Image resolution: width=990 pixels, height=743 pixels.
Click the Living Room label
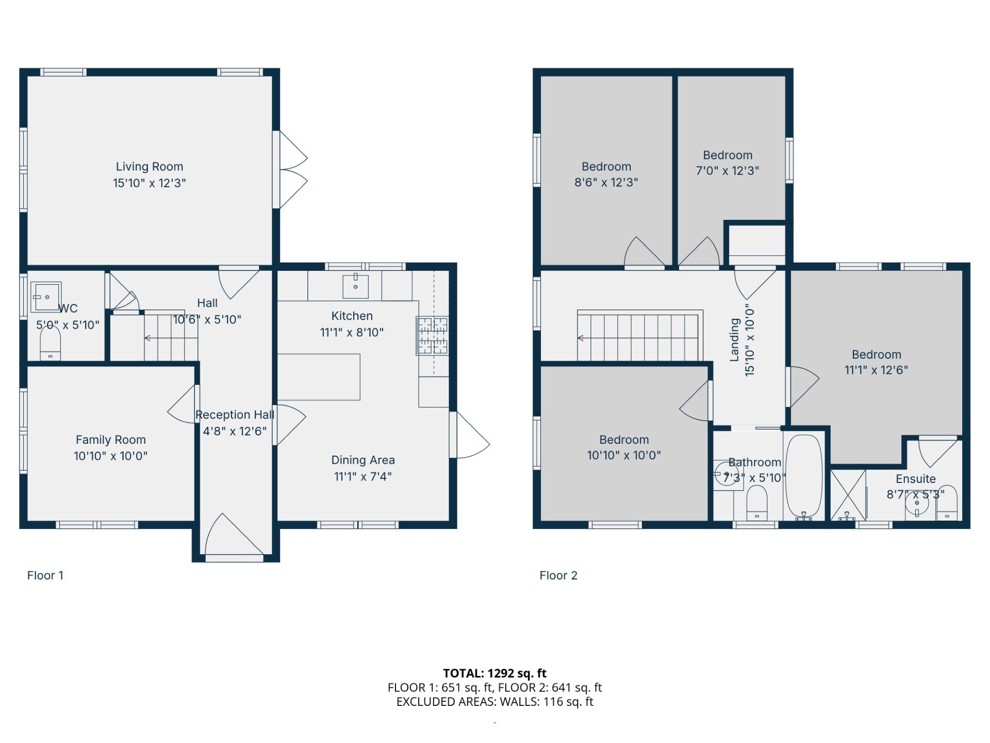[149, 167]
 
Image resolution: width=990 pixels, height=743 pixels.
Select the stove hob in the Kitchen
[432, 335]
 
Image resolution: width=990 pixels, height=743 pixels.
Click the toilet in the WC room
[50, 343]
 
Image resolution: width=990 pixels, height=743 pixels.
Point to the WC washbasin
[46, 297]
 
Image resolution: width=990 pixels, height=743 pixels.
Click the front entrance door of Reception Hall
[234, 537]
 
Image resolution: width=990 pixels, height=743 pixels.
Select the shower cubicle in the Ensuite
[848, 494]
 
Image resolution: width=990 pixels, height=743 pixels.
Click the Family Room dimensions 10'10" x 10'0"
[110, 456]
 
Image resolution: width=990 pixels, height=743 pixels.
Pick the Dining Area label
[362, 460]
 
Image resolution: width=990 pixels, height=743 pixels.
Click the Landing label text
[735, 340]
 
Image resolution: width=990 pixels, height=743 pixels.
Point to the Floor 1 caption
[45, 575]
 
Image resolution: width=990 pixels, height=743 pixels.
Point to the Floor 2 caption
[558, 575]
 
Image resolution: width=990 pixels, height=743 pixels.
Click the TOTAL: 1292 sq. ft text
[494, 673]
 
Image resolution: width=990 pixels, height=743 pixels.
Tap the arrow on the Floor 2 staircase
[581, 338]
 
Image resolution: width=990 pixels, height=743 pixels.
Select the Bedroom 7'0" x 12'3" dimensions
[727, 171]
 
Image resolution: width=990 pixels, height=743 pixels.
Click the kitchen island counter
[319, 377]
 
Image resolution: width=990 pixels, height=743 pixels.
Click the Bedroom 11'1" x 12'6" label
[876, 354]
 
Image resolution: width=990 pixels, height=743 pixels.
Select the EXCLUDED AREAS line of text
[494, 702]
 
